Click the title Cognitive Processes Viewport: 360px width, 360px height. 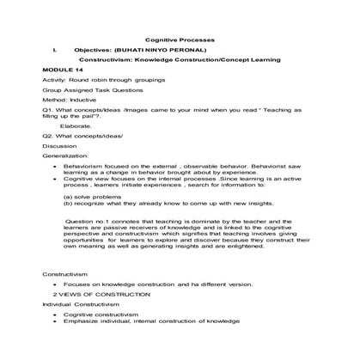pyautogui.click(x=180, y=40)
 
